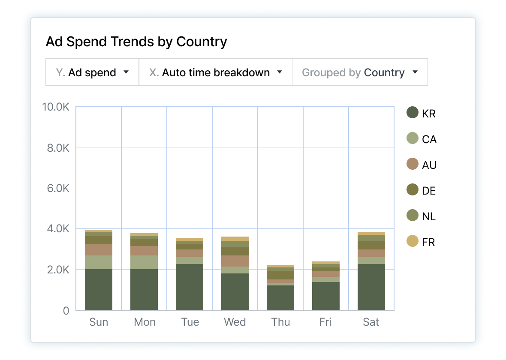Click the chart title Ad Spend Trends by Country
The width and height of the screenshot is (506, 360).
pos(136,42)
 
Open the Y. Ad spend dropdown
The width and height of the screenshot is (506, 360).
pos(92,72)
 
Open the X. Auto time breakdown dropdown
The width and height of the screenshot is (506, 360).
pos(216,72)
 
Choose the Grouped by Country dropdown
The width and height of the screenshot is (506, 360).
pos(360,72)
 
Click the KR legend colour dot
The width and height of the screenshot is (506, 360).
pos(412,113)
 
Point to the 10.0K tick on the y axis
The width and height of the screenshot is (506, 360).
pos(56,107)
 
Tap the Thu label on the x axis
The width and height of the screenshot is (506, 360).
pos(280,322)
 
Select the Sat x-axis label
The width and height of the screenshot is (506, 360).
pos(371,322)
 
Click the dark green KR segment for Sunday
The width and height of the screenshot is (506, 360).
pos(99,289)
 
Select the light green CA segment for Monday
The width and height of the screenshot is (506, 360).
pos(144,262)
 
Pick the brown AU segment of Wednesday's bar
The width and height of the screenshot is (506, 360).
pos(235,261)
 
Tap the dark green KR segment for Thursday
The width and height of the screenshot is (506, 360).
pos(280,297)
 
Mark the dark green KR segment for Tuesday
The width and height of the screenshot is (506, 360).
pos(190,287)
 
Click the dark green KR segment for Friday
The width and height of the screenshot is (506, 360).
pos(326,296)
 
